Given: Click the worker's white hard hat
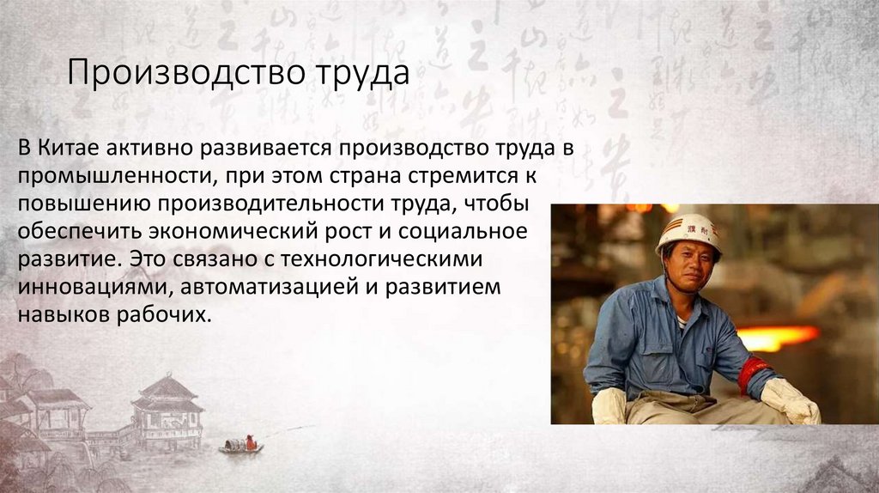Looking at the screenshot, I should (688, 231).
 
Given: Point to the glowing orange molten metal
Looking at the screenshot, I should (776, 336).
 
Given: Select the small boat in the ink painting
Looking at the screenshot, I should (240, 445).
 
